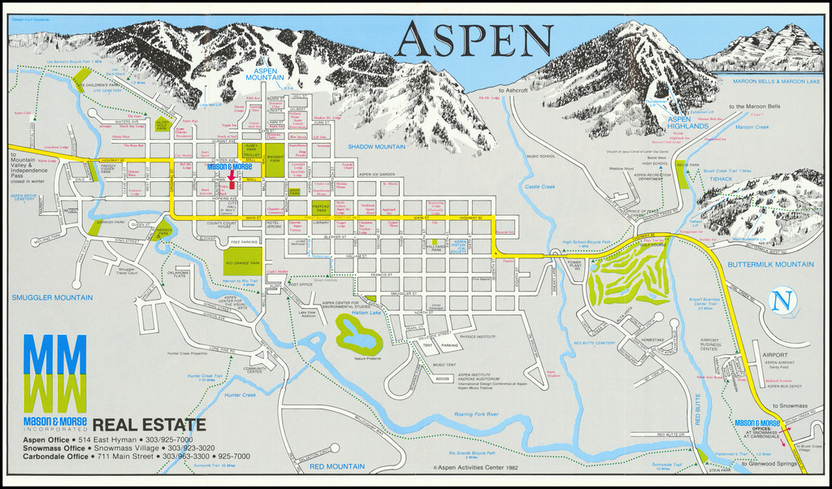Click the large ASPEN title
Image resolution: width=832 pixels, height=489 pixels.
(474, 40)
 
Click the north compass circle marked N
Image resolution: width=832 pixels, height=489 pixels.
(781, 301)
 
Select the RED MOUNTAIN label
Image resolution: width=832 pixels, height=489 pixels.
(336, 466)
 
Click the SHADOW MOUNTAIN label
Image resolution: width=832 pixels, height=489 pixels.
(376, 146)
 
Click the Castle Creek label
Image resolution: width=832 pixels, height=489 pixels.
(539, 187)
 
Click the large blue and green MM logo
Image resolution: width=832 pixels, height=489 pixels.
(54, 371)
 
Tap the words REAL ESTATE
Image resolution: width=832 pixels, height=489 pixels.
(149, 423)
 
